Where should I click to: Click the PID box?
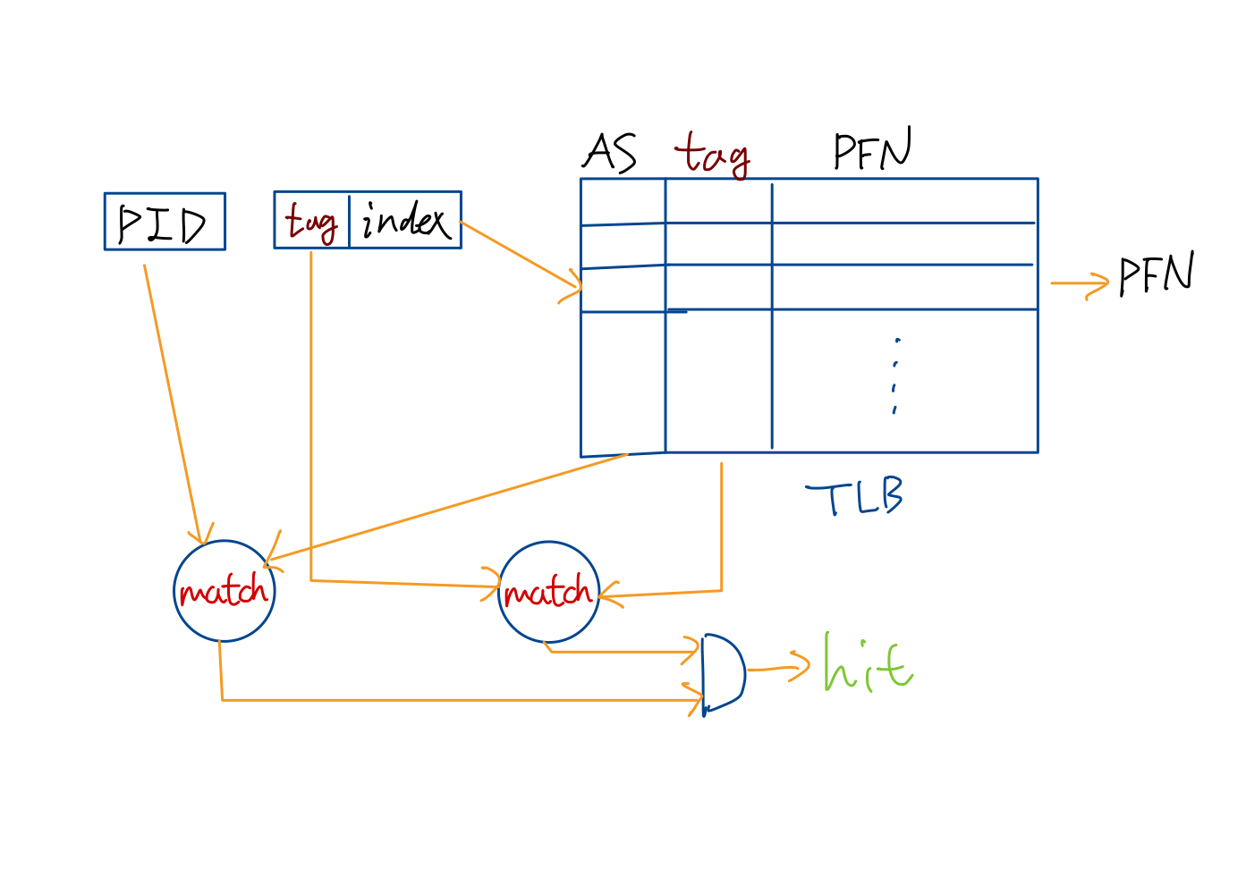tap(165, 222)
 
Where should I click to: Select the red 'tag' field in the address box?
tap(310, 221)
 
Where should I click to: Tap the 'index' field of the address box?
tap(405, 220)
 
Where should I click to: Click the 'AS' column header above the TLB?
tap(610, 152)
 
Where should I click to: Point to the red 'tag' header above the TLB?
tap(712, 154)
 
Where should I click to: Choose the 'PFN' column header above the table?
tap(872, 150)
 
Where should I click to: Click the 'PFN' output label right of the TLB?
tap(1157, 274)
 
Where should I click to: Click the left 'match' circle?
tap(224, 591)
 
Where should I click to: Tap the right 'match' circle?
tap(548, 592)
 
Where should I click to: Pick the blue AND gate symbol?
tap(723, 672)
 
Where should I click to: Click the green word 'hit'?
tap(867, 663)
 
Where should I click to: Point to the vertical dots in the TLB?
tap(895, 375)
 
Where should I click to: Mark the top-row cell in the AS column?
tap(623, 202)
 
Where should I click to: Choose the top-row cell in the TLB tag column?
tap(718, 201)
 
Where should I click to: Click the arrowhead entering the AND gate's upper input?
tap(691, 651)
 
